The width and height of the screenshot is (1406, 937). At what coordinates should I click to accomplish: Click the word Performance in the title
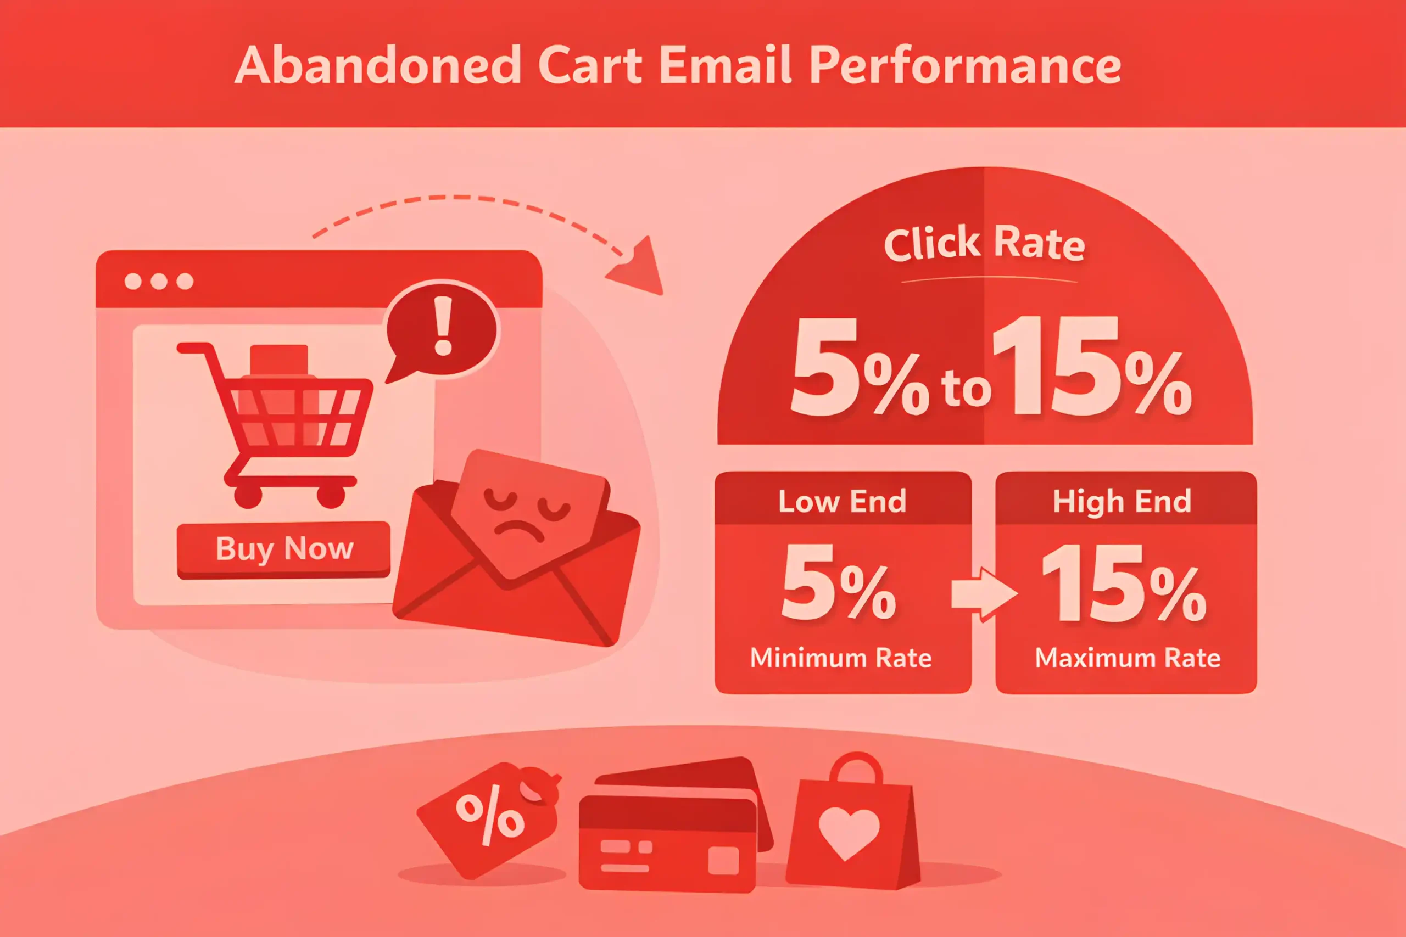click(965, 66)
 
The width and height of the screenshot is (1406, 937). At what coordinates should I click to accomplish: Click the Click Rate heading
click(984, 243)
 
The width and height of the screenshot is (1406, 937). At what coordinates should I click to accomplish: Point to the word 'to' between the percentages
click(966, 388)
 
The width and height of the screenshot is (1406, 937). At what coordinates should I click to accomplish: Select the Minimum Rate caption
click(840, 658)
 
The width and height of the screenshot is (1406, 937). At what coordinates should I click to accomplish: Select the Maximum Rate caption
click(1128, 658)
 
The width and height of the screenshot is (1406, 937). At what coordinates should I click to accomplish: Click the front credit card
click(668, 843)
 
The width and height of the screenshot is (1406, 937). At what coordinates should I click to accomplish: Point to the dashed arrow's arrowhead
click(638, 268)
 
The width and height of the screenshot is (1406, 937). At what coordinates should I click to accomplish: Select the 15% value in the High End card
click(1124, 584)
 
